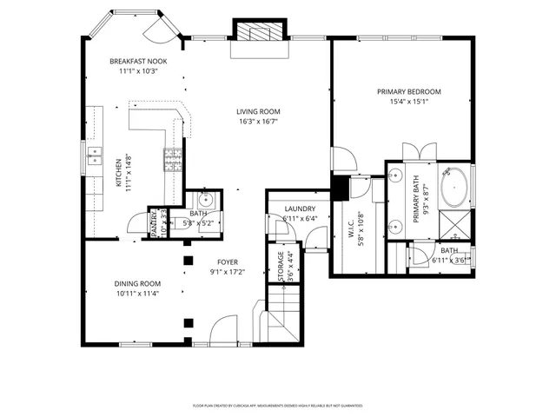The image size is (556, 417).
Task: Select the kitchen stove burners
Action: [x=172, y=159]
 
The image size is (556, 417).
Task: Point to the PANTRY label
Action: [x=153, y=222]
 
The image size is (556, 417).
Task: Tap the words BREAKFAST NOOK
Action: [x=138, y=61]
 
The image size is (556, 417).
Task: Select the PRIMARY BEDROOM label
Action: [x=408, y=91]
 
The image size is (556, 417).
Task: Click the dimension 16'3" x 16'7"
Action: [x=259, y=122]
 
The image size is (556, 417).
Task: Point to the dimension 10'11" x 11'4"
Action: [x=138, y=294]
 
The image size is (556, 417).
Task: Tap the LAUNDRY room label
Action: [x=299, y=208]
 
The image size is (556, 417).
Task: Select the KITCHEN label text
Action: [x=119, y=183]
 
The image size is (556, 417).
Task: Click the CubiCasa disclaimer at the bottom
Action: [x=278, y=405]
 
